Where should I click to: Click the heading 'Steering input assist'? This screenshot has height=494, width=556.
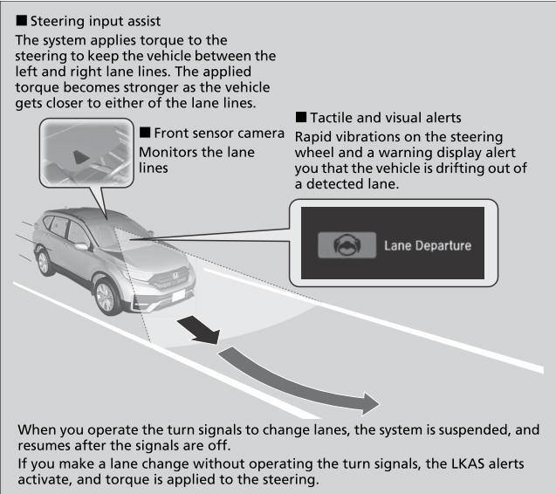(x=95, y=21)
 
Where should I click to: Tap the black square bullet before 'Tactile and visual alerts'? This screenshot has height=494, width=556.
(x=300, y=117)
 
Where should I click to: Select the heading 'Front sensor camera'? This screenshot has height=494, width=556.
(x=219, y=133)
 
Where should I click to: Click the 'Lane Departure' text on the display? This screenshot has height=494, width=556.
(x=428, y=245)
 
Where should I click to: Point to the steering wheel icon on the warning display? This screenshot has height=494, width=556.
(x=347, y=244)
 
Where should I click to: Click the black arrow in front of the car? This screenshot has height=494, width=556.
(x=201, y=330)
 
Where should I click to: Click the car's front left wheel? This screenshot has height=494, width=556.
(x=106, y=297)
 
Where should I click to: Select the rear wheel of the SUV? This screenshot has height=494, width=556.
(x=45, y=263)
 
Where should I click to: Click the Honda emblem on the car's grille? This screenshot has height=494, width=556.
(x=175, y=275)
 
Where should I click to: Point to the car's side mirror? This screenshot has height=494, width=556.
(x=81, y=246)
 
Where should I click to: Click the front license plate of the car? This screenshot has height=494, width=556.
(x=178, y=295)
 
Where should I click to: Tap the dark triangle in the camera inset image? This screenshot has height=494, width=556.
(x=80, y=157)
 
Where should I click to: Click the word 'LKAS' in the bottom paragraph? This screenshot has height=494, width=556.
(x=468, y=463)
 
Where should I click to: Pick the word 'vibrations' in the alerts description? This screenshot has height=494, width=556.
(x=368, y=137)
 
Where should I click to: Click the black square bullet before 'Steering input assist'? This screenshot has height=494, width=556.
(x=21, y=20)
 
